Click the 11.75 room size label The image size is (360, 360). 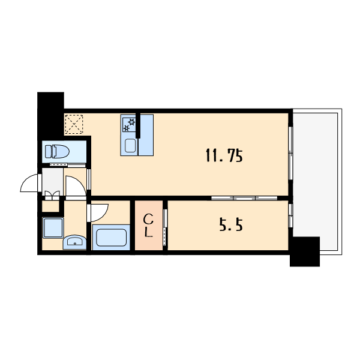click(x=224, y=155)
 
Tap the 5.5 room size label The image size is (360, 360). click(x=231, y=225)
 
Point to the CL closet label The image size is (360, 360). click(x=148, y=226)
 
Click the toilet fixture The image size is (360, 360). click(x=57, y=151)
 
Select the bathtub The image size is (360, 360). click(x=111, y=238)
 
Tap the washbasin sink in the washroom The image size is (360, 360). click(x=74, y=242)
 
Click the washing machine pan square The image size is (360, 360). click(x=53, y=228)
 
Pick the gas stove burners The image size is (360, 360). click(x=129, y=125)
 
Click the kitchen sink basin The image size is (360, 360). click(x=130, y=146)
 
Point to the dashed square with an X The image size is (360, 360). click(x=74, y=124)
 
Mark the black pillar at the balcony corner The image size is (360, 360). click(x=305, y=251)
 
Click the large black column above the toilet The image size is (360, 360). click(x=50, y=115)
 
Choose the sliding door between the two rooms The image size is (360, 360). click(x=244, y=198)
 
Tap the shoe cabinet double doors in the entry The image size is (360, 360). click(x=52, y=196)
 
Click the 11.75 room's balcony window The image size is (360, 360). click(x=290, y=153)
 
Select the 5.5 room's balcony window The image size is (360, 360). click(x=290, y=215)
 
